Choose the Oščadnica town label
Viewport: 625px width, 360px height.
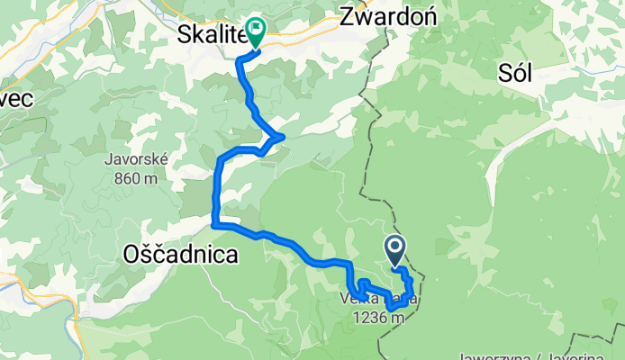tap(180, 255)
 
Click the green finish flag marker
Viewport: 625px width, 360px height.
tap(256, 32)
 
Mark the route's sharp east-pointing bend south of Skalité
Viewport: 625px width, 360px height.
tap(283, 137)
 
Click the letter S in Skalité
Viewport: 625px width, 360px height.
tap(182, 36)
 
